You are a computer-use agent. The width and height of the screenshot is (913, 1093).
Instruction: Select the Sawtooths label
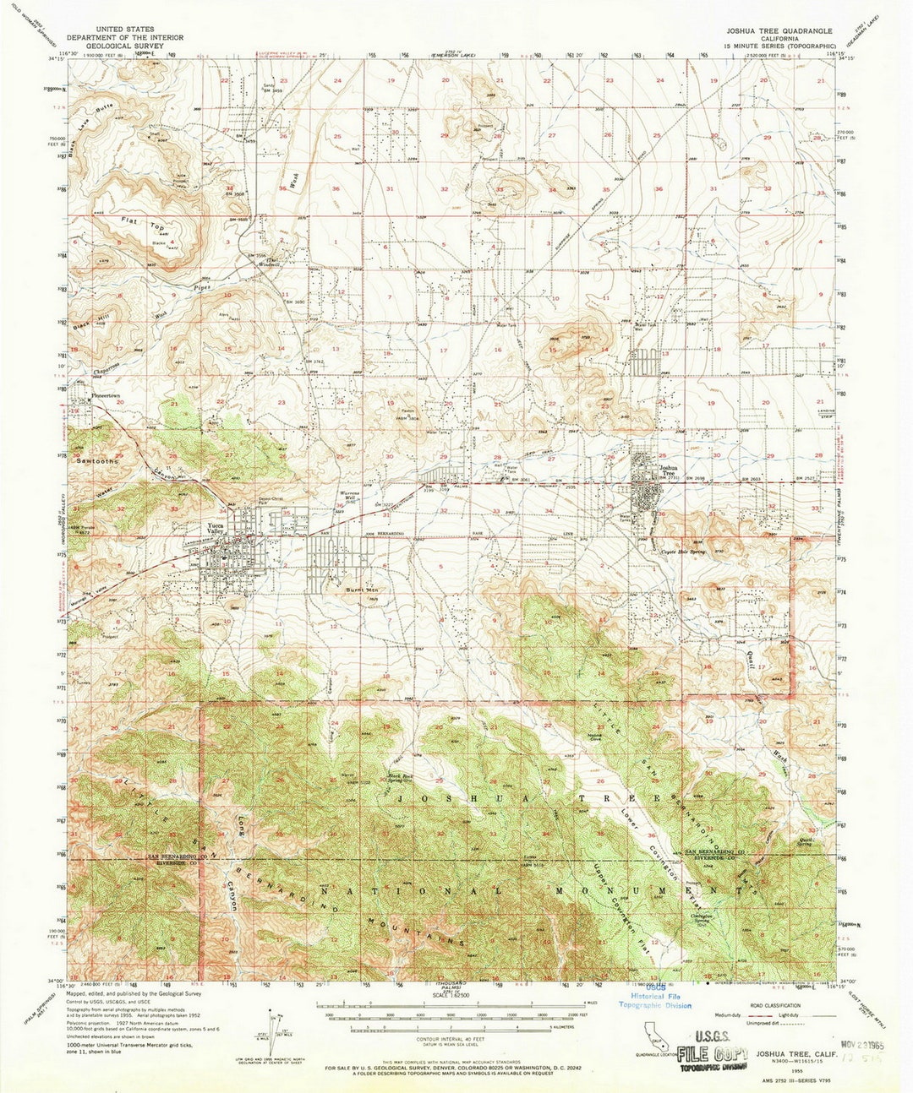pos(94,462)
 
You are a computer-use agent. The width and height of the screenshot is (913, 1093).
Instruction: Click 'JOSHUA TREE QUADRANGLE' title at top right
pos(778,30)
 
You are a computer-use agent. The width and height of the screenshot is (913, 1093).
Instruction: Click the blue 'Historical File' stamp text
pos(653,997)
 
